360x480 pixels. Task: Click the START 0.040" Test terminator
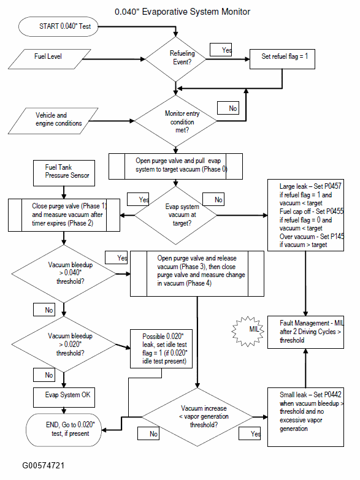58,26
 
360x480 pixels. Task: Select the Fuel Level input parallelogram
49,59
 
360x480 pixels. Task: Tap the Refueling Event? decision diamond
175,59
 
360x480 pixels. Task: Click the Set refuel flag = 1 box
282,59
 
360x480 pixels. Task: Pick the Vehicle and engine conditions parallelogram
53,121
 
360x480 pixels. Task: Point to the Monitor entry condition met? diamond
175,121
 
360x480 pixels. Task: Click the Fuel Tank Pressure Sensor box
64,173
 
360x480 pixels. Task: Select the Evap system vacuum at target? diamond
175,215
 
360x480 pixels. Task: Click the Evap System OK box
64,398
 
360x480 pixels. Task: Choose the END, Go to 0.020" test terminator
64,430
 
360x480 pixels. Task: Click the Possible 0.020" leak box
161,349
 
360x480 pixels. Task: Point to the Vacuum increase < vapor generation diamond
197,417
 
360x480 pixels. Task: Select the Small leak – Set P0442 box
306,417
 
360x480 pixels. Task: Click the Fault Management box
306,332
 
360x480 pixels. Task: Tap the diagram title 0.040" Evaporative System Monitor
183,12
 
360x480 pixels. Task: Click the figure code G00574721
44,466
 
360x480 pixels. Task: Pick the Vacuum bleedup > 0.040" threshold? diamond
64,273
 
